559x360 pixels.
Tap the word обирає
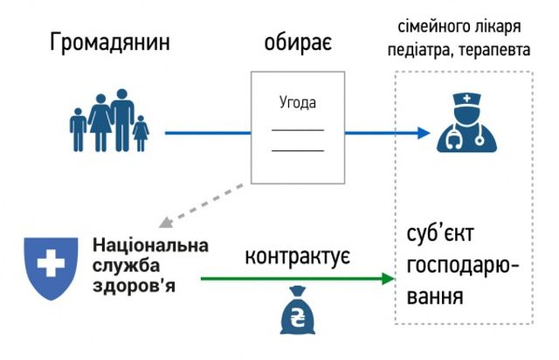click(297, 44)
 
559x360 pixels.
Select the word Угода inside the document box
click(297, 103)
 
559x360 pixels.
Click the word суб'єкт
click(442, 237)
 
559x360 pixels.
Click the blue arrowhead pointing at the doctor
click(423, 134)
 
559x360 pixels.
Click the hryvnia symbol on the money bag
click(297, 315)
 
